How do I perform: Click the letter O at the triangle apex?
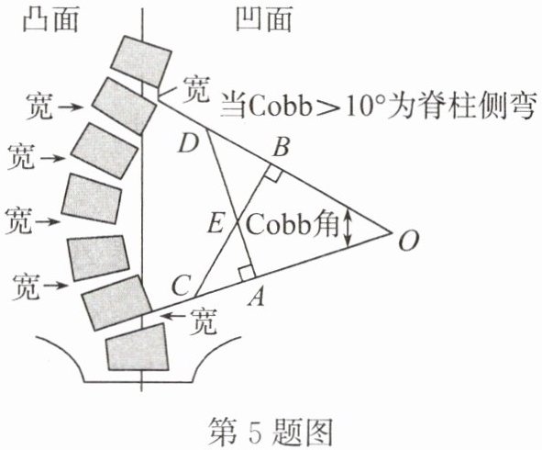pyautogui.click(x=409, y=240)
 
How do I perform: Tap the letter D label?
pyautogui.click(x=188, y=143)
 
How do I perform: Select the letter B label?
pyautogui.click(x=281, y=147)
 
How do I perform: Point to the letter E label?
pyautogui.click(x=216, y=223)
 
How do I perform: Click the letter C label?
pyautogui.click(x=181, y=287)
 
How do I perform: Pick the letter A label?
pyautogui.click(x=256, y=297)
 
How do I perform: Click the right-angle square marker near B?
pyautogui.click(x=273, y=173)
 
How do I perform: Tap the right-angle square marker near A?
pyautogui.click(x=246, y=273)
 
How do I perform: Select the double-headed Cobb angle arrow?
pyautogui.click(x=348, y=229)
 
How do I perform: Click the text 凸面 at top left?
pyautogui.click(x=50, y=19)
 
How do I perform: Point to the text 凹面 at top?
pyautogui.click(x=263, y=19)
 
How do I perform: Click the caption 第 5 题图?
pyautogui.click(x=270, y=432)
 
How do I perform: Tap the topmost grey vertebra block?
pyautogui.click(x=141, y=62)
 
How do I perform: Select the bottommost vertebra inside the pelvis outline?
pyautogui.click(x=138, y=347)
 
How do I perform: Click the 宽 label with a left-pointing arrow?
pyautogui.click(x=204, y=321)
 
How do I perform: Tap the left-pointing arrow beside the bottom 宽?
pyautogui.click(x=174, y=316)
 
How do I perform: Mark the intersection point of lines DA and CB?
pyautogui.click(x=238, y=222)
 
